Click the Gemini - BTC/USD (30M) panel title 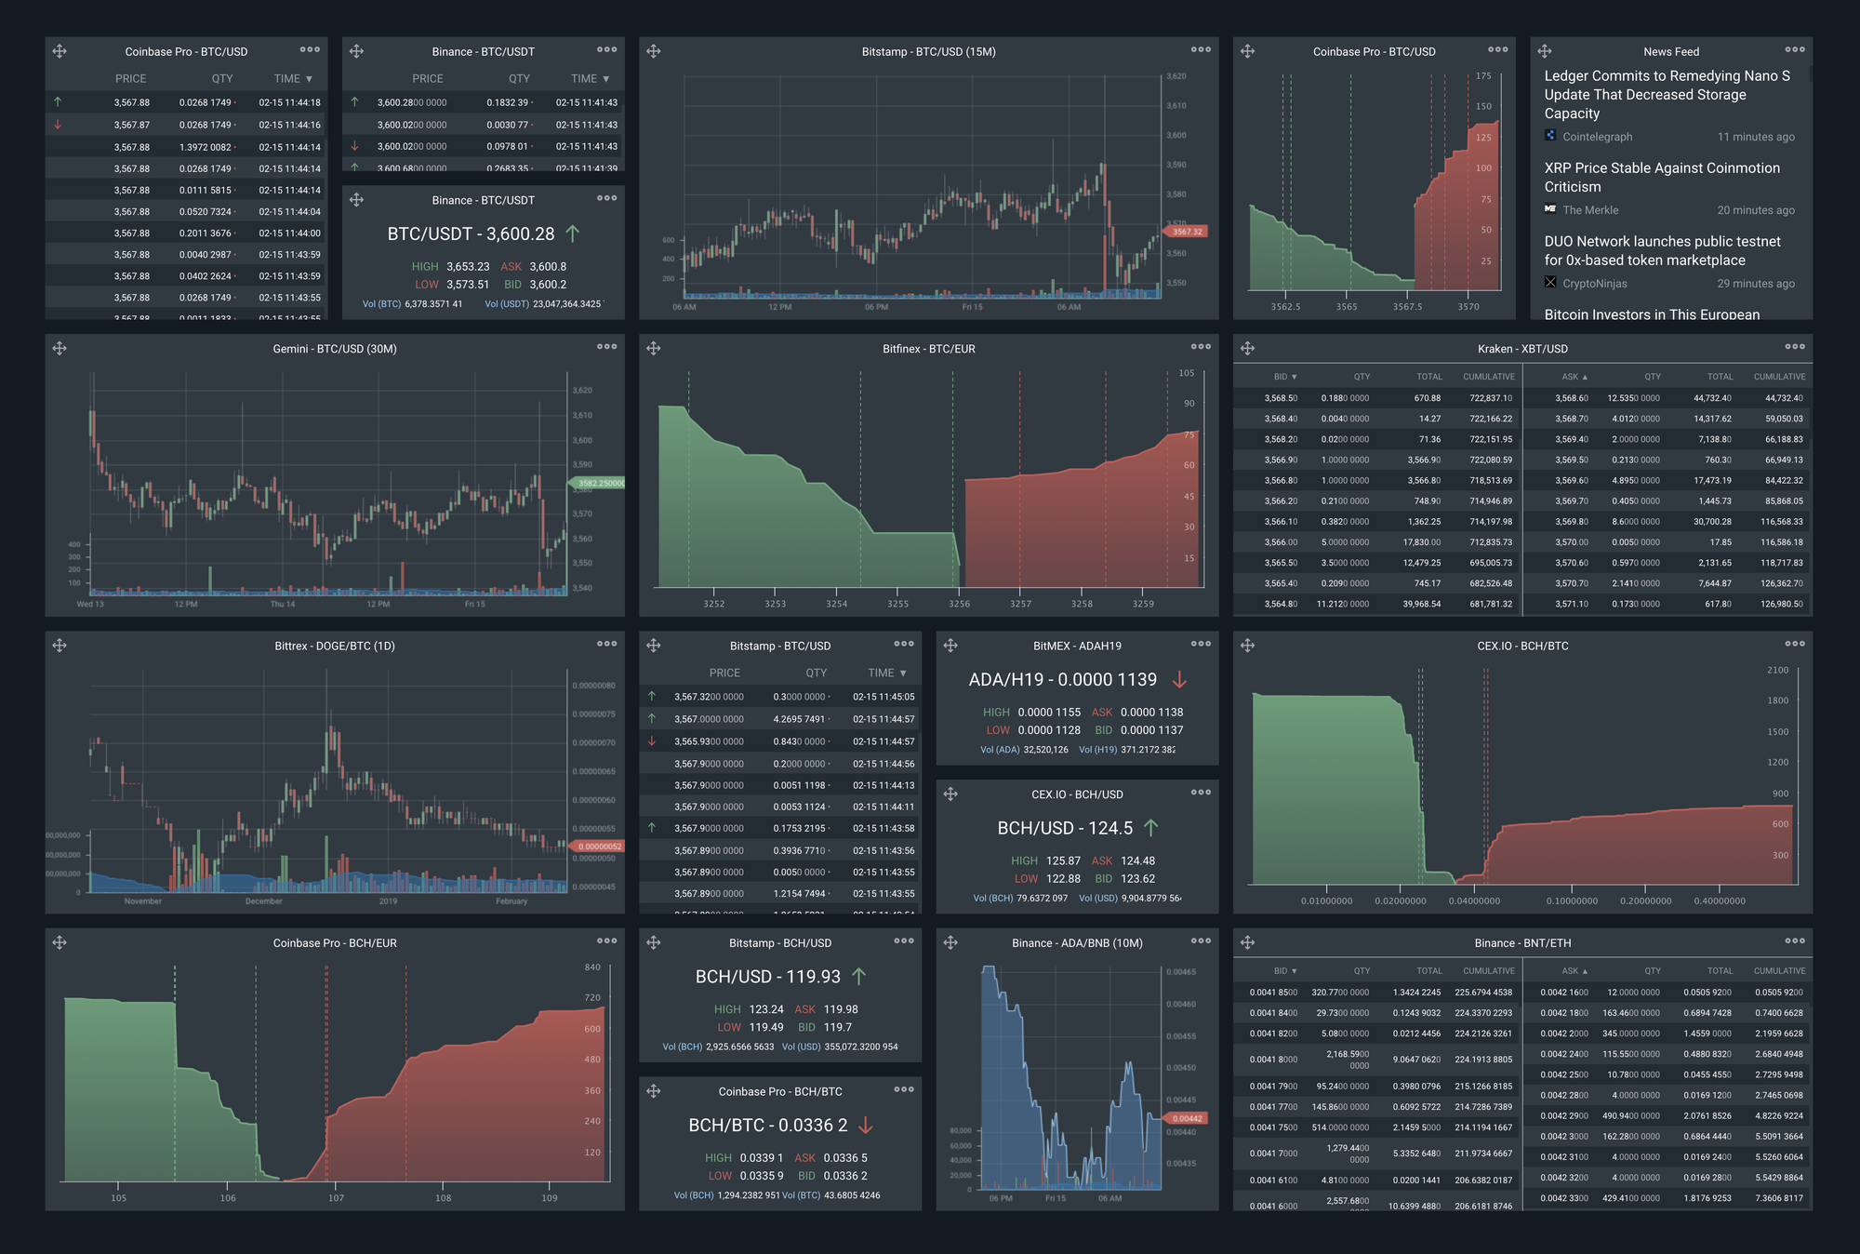click(x=335, y=349)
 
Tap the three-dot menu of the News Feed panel click(x=1794, y=50)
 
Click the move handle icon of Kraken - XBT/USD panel click(x=1247, y=348)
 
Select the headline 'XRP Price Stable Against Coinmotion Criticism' click(x=1661, y=177)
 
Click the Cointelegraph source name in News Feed click(x=1596, y=137)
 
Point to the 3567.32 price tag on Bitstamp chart click(x=1187, y=232)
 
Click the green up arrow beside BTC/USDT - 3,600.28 click(x=573, y=234)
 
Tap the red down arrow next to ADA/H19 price click(x=1179, y=680)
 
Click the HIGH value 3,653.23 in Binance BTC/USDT click(x=468, y=267)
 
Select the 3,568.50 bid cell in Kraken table click(x=1280, y=398)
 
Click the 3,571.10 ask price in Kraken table click(x=1571, y=604)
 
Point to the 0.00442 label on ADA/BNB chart click(x=1187, y=1118)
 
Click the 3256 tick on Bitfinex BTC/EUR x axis click(x=959, y=604)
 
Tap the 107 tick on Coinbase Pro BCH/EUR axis click(x=336, y=1198)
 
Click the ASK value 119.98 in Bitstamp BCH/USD click(x=840, y=1009)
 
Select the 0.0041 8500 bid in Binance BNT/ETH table click(x=1273, y=993)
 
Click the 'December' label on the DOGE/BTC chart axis click(x=263, y=900)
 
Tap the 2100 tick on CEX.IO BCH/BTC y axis click(x=1777, y=670)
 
